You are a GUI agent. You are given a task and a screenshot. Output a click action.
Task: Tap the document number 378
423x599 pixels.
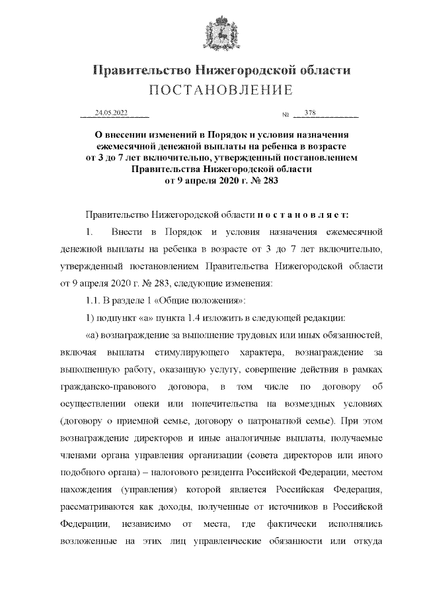click(x=311, y=113)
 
